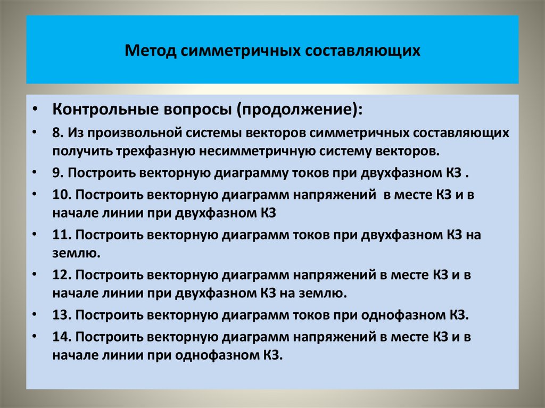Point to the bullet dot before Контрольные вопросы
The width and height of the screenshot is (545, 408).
tap(35, 110)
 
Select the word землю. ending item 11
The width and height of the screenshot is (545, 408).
tap(77, 253)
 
